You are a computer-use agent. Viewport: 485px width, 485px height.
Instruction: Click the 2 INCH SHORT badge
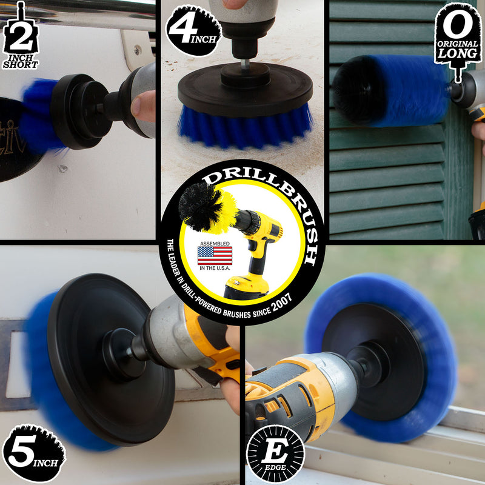19,36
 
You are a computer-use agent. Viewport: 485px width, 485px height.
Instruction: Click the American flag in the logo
214,255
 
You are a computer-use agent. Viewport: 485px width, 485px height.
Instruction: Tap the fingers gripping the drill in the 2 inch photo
144,106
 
